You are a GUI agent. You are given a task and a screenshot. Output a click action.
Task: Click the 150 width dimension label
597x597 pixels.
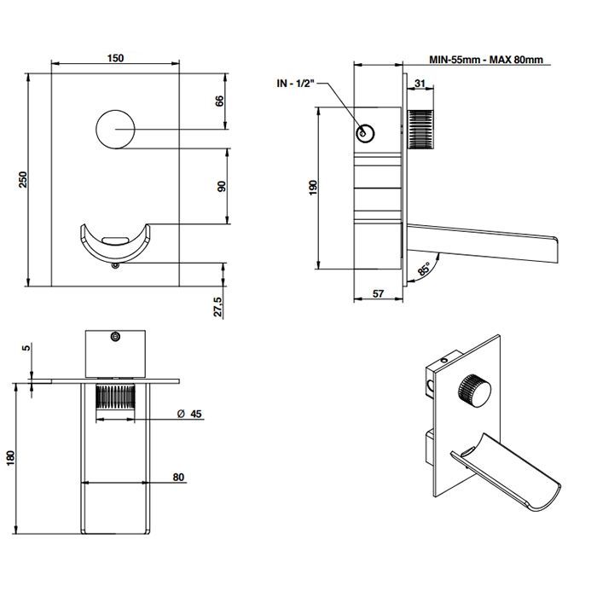click(115, 58)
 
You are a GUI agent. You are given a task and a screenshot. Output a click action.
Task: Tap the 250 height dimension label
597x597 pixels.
click(24, 179)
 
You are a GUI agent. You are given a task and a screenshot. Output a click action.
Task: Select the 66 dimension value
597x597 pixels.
click(220, 101)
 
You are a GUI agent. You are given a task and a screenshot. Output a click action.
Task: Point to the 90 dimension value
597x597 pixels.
click(221, 186)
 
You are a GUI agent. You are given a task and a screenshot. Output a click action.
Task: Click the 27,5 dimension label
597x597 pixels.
click(217, 306)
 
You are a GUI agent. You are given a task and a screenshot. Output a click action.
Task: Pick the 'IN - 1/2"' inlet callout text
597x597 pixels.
click(296, 84)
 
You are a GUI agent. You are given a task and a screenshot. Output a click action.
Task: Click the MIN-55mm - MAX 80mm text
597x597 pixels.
click(486, 60)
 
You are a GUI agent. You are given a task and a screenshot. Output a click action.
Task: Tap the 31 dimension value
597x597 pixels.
click(420, 83)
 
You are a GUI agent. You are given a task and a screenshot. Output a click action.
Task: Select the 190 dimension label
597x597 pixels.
click(313, 188)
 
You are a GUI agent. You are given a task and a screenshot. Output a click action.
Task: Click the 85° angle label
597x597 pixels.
click(424, 269)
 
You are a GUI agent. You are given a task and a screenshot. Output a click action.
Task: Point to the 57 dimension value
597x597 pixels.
click(378, 293)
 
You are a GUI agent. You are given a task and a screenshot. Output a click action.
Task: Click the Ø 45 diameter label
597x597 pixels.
click(189, 414)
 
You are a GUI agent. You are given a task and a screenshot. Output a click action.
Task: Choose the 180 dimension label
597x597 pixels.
click(10, 458)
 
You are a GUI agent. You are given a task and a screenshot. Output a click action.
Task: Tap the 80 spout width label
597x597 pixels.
click(178, 477)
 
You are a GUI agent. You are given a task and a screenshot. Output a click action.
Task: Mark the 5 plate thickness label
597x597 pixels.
click(26, 347)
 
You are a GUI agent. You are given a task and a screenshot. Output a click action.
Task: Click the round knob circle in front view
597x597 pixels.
click(115, 130)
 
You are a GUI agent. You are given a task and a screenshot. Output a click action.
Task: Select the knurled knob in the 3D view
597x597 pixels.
click(474, 391)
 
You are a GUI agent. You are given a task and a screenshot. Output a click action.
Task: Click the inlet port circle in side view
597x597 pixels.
click(365, 133)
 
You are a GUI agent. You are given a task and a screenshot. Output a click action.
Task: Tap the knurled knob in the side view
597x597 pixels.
click(420, 129)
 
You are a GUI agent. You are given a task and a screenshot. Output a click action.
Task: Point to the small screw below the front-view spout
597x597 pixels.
click(115, 265)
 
